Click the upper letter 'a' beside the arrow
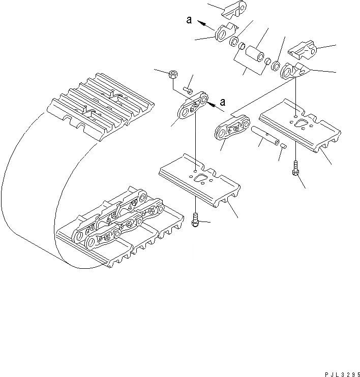[188, 20]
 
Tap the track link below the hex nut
[192, 106]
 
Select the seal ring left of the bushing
[234, 41]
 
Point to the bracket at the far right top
[304, 51]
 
